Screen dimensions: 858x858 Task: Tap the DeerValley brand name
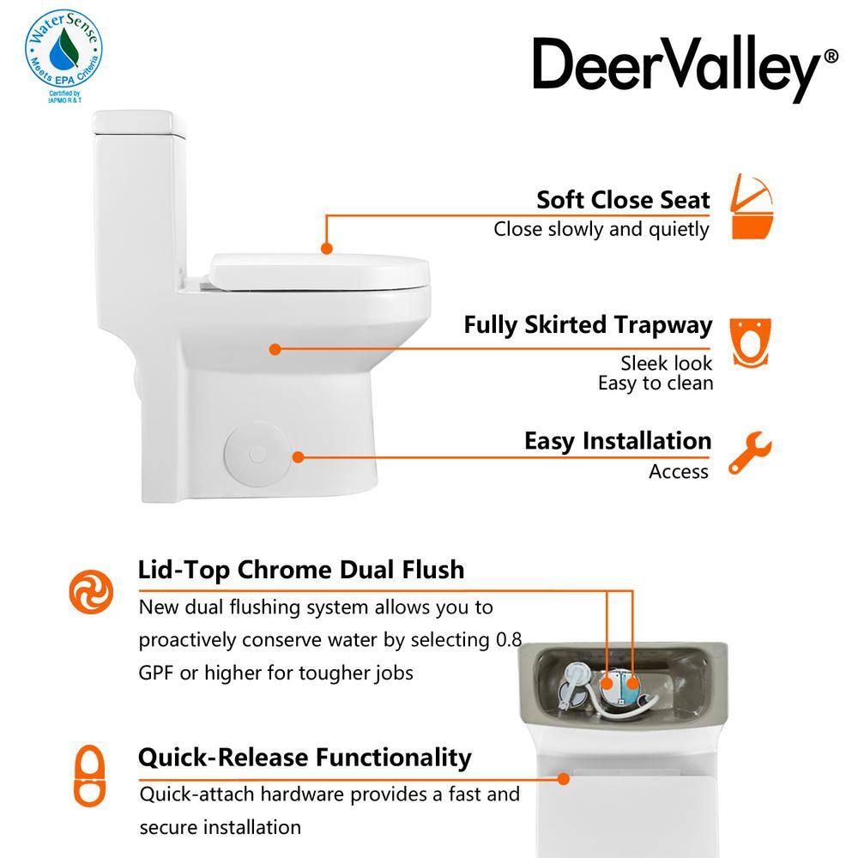[x=678, y=68]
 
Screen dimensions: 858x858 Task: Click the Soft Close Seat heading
[x=623, y=200]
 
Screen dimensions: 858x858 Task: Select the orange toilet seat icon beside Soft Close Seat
[x=752, y=207]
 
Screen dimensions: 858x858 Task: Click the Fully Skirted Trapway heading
[x=588, y=325]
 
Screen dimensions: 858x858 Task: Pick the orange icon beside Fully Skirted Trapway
[x=750, y=342]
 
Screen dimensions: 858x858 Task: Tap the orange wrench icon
[x=750, y=452]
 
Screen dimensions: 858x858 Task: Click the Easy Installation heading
[x=618, y=441]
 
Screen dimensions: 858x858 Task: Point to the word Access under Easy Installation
[x=679, y=471]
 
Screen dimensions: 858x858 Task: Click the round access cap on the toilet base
[x=257, y=454]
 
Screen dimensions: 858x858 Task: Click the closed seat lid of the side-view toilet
[x=319, y=272]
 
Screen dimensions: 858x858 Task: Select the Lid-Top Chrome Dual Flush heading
[x=301, y=570]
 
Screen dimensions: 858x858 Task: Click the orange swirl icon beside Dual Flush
[x=91, y=591]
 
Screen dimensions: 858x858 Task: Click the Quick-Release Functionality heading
[x=305, y=758]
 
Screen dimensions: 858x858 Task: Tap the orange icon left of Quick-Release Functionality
[x=90, y=776]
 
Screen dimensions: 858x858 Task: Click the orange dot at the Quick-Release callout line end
[x=563, y=779]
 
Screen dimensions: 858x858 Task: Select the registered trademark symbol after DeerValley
[x=831, y=57]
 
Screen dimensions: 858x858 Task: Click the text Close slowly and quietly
[x=601, y=229]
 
